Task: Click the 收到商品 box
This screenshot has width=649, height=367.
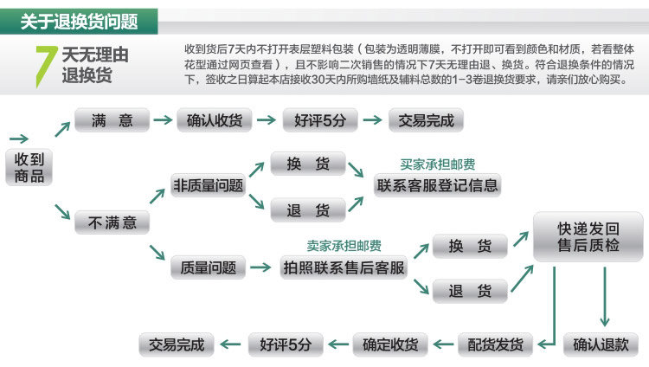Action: click(29, 167)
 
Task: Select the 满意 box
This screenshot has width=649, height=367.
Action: click(112, 120)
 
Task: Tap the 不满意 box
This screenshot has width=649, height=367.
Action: click(112, 222)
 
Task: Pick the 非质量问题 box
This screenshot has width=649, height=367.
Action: click(208, 184)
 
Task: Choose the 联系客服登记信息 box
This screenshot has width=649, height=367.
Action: click(437, 184)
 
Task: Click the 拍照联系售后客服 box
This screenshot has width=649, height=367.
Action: click(344, 267)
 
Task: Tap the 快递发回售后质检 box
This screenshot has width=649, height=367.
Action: click(588, 237)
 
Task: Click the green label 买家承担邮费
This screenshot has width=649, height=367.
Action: click(437, 164)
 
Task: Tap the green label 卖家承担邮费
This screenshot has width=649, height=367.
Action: click(344, 246)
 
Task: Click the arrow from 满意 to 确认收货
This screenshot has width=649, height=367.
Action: click(163, 120)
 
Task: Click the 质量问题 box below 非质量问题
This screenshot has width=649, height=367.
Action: click(208, 267)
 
